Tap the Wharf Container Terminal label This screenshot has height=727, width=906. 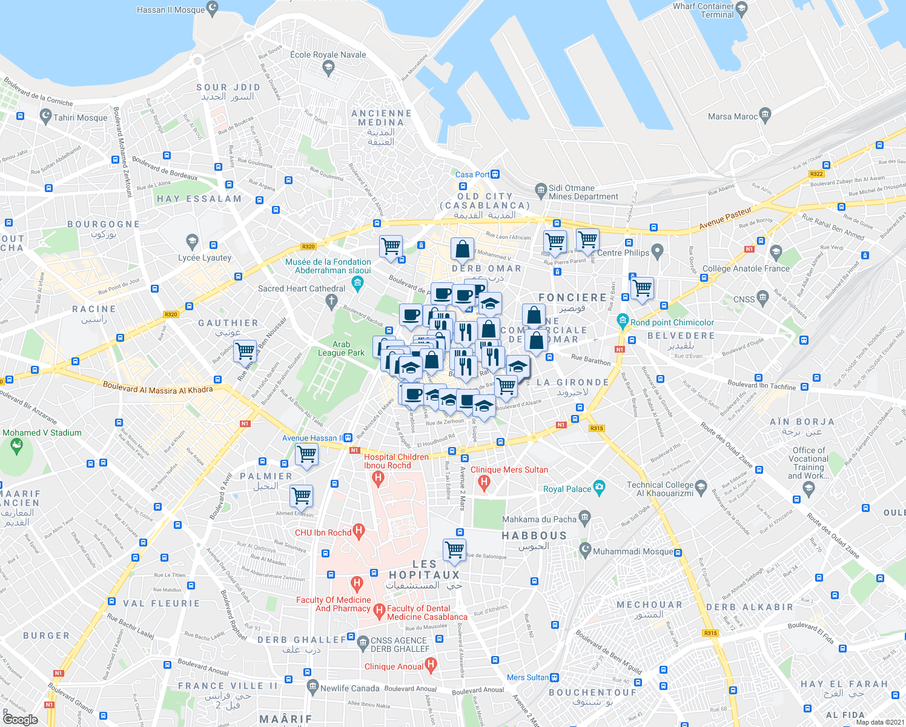click(x=703, y=10)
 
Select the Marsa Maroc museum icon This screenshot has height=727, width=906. click(x=765, y=114)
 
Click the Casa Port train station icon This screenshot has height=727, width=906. click(x=495, y=174)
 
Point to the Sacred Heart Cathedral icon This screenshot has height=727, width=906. click(x=331, y=300)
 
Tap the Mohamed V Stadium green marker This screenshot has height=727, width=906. click(x=16, y=447)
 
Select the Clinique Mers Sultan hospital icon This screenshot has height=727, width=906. click(x=483, y=482)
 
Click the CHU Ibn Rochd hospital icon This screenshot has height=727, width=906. click(x=359, y=532)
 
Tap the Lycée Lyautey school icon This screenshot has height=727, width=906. click(x=192, y=242)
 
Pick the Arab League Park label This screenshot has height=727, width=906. click(x=341, y=348)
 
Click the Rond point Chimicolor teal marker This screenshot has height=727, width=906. click(x=622, y=320)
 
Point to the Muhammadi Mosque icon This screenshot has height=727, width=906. click(x=585, y=550)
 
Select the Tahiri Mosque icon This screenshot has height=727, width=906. click(x=45, y=116)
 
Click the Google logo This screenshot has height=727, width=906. click(x=20, y=719)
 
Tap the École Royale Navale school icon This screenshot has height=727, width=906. click(x=329, y=68)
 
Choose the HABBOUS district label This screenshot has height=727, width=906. click(x=534, y=536)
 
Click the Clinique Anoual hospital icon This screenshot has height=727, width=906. click(x=431, y=666)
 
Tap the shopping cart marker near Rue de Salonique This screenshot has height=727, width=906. click(x=454, y=549)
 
